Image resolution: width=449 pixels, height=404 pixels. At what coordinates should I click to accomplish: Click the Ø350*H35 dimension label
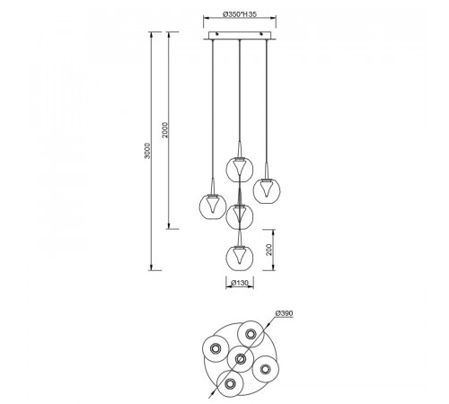click(x=240, y=14)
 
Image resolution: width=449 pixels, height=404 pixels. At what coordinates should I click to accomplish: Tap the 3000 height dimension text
click(x=147, y=151)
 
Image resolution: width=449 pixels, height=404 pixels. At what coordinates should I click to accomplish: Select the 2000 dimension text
click(x=165, y=130)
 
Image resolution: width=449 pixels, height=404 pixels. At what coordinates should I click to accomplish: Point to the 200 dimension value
click(x=269, y=250)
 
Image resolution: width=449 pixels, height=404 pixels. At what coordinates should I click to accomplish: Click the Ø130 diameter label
click(x=240, y=283)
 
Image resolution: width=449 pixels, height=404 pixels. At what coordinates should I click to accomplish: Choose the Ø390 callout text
click(x=284, y=313)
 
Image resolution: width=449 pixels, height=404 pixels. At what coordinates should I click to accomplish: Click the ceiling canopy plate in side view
click(x=240, y=35)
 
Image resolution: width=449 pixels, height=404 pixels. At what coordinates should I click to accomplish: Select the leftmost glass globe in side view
click(x=213, y=206)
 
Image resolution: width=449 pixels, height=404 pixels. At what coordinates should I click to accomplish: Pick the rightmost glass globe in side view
click(x=267, y=190)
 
